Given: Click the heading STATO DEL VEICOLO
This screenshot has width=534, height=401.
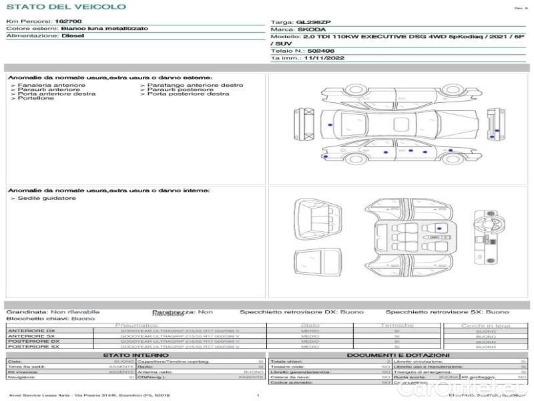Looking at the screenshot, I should tap(65, 7).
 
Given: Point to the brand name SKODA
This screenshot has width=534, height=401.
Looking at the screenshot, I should tap(311, 30).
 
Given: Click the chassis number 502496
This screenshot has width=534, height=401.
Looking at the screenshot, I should tap(322, 51).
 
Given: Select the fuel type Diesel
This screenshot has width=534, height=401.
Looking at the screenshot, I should tap(73, 36).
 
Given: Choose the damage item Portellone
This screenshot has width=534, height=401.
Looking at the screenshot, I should tap(36, 98).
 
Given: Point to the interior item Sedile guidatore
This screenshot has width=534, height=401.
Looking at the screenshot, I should tap(47, 198).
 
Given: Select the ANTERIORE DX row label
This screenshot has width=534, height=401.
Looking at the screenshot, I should tap(31, 331).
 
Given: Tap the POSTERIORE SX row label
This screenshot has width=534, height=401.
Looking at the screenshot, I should tap(32, 347).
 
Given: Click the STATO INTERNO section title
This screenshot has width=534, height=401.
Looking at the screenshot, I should tap(136, 355).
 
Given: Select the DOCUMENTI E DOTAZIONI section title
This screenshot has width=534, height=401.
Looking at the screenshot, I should tap(398, 355).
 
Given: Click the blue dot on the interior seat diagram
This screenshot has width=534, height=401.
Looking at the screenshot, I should tap(439, 229).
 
